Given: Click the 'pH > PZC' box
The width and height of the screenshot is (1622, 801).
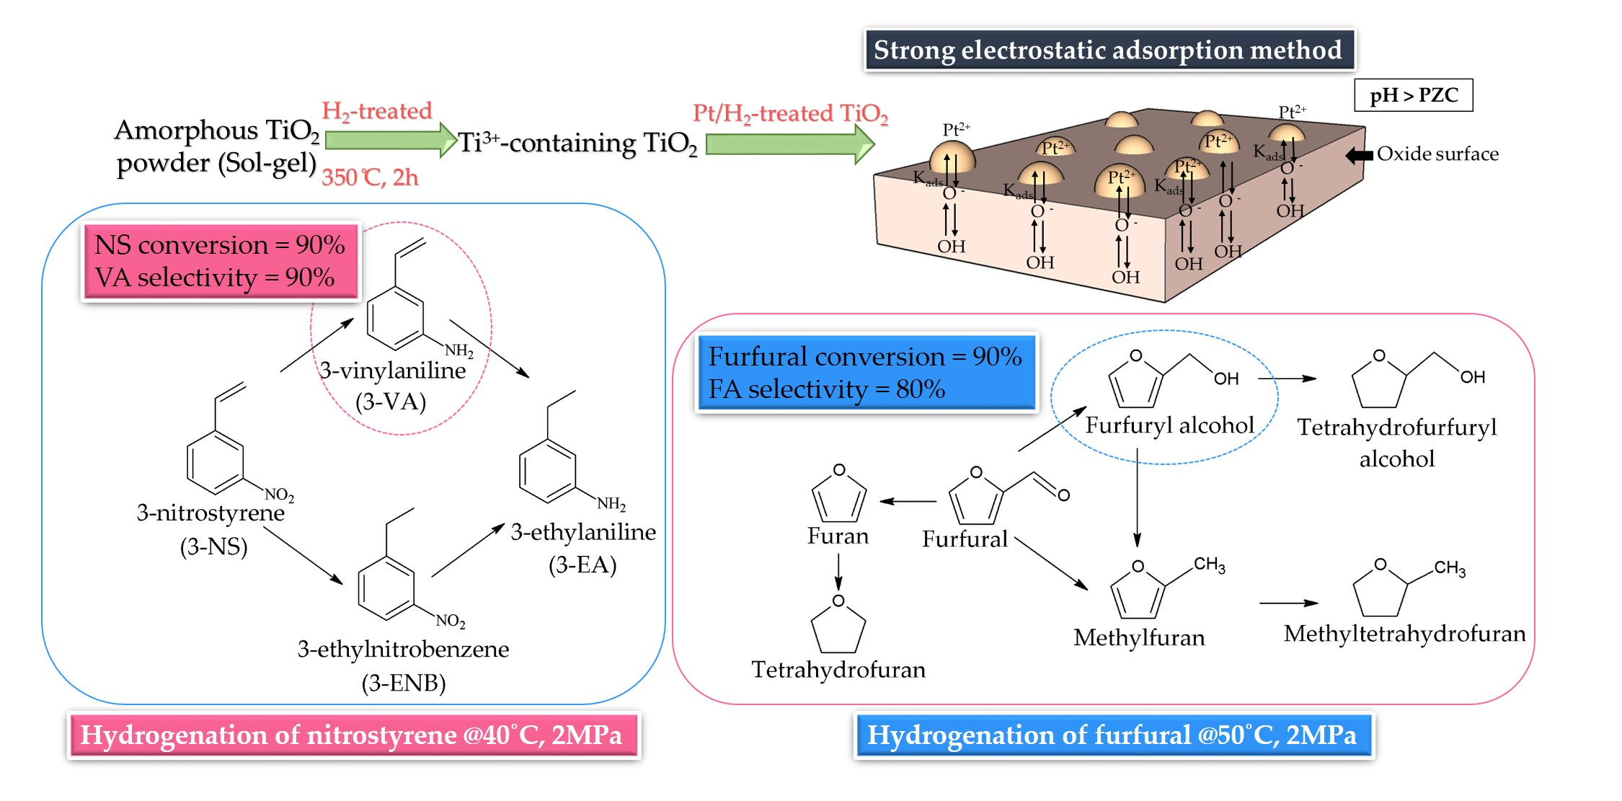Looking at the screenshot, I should click(x=1413, y=95).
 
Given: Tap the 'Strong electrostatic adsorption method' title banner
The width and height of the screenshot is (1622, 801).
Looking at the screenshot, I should click(x=1109, y=50).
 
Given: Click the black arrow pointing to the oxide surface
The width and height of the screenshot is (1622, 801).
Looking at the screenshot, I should click(x=1359, y=155).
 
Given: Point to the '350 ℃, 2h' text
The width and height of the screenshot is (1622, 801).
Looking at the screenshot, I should click(x=370, y=177).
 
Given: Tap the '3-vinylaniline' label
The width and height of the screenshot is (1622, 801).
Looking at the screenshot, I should click(x=393, y=371).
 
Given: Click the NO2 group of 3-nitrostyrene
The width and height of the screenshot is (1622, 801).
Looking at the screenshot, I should click(x=279, y=495).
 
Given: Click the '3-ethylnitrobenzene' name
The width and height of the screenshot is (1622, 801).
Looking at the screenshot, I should click(x=403, y=649).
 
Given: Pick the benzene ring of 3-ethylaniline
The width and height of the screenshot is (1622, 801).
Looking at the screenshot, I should click(x=547, y=472).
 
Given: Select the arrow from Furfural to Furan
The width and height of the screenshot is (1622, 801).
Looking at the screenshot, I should click(x=908, y=501).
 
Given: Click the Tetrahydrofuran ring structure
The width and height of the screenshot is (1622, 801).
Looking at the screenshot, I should click(x=838, y=627).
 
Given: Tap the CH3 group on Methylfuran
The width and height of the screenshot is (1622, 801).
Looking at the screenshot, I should click(x=1209, y=565).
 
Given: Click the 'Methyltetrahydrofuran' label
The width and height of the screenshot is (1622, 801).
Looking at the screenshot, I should click(x=1404, y=634).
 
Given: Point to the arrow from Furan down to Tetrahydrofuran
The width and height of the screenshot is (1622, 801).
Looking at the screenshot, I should click(x=838, y=572).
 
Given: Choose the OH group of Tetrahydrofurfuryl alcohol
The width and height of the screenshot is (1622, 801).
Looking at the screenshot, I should click(x=1472, y=377).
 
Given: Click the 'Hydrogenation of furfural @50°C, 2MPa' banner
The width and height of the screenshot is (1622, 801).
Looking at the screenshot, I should click(x=1112, y=735).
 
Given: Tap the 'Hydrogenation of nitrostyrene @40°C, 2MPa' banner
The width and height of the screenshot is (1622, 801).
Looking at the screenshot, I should click(x=353, y=735).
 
